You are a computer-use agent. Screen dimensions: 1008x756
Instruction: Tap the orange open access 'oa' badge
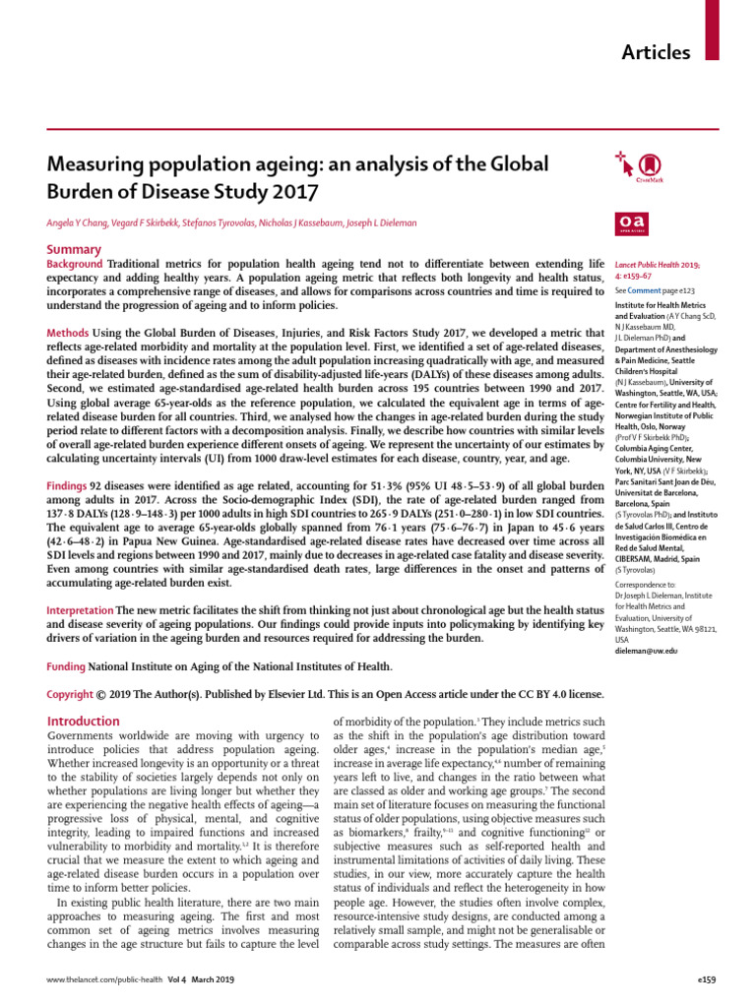627,224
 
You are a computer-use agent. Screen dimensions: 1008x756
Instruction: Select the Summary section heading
74,250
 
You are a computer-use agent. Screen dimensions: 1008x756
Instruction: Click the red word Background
75,265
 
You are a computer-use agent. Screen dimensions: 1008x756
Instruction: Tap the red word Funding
66,666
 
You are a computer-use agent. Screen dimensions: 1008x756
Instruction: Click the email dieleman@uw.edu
645,652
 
